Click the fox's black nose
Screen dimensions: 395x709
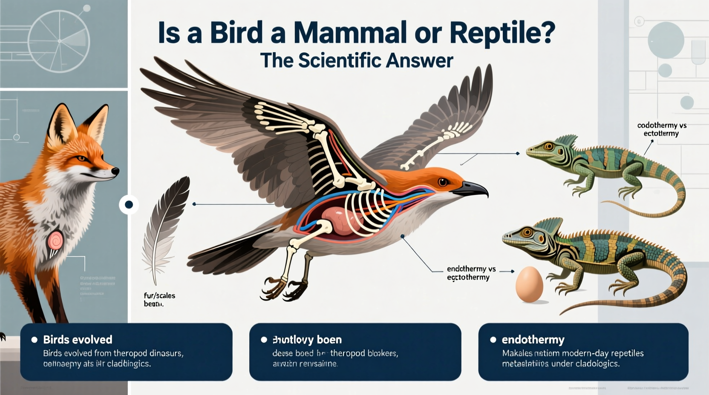tap(115, 171)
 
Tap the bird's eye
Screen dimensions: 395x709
tap(443, 182)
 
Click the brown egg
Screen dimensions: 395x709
tap(529, 284)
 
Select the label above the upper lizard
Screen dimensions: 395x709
tap(661, 129)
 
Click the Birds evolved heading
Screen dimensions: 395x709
tap(78, 340)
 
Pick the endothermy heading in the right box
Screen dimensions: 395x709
tap(533, 340)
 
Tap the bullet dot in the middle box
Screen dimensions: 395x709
tap(264, 340)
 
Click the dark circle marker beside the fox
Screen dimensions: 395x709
tap(129, 205)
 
